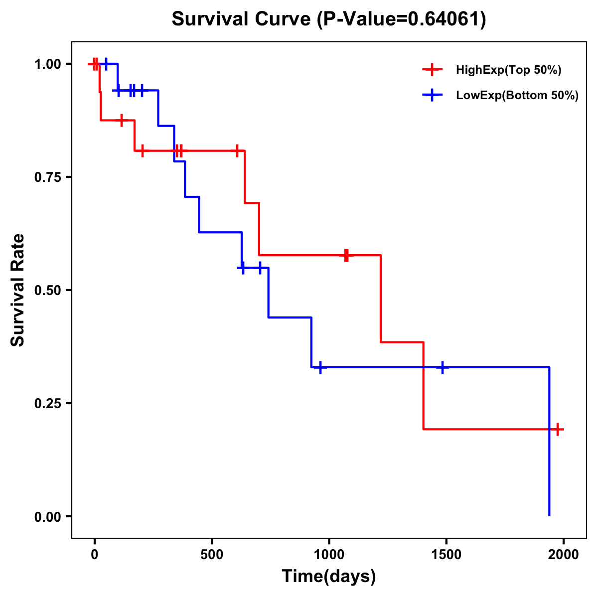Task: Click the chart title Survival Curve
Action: click(x=328, y=19)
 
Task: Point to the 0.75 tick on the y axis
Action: click(x=48, y=177)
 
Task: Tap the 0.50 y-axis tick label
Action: click(x=48, y=291)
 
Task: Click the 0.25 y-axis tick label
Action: click(x=48, y=404)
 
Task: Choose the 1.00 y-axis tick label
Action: click(x=48, y=64)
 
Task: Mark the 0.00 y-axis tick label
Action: click(x=48, y=517)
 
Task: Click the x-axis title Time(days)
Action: click(x=329, y=577)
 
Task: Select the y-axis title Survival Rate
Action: click(x=18, y=290)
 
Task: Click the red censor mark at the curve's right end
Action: click(x=558, y=429)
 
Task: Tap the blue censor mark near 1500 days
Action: click(x=442, y=367)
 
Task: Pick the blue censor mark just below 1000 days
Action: click(x=320, y=367)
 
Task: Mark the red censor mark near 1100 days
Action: click(x=346, y=255)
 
